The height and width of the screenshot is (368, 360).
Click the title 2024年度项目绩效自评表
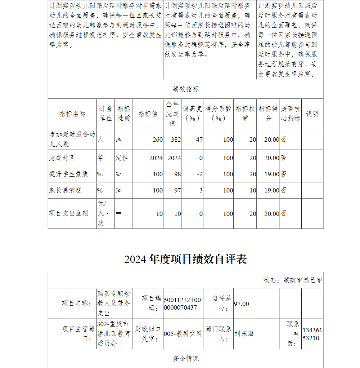click(185, 259)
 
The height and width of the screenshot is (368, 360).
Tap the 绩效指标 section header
click(185, 89)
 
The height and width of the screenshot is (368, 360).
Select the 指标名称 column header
click(72, 114)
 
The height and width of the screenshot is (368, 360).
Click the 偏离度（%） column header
click(192, 114)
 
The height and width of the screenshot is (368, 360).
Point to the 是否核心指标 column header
click(291, 114)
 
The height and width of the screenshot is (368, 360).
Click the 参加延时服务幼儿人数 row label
click(72, 139)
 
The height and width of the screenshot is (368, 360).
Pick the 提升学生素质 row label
click(68, 174)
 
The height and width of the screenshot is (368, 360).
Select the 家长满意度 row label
click(66, 190)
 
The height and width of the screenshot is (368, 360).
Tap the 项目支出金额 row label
click(68, 213)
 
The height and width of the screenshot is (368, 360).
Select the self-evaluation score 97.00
click(242, 304)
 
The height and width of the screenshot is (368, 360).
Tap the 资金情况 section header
click(185, 359)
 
